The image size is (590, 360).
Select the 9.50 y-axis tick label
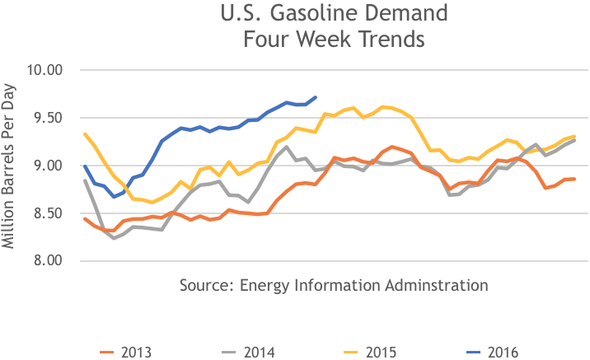(46, 118)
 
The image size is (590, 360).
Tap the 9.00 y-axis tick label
(46, 166)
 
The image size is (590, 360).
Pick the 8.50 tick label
(46, 213)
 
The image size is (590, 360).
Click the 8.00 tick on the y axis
(46, 261)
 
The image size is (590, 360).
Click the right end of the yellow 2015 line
(574, 136)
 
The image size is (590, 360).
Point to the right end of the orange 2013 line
(574, 179)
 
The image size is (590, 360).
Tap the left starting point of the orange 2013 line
(85, 218)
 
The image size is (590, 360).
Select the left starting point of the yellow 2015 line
(85, 133)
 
